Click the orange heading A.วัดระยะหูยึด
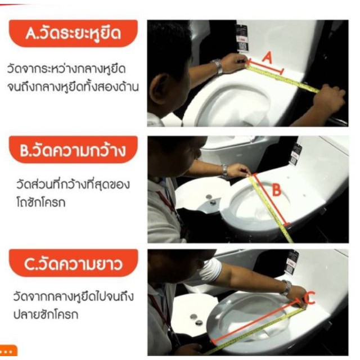pyautogui.click(x=73, y=34)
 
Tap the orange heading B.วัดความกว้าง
pyautogui.click(x=73, y=150)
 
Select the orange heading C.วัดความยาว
pyautogui.click(x=73, y=263)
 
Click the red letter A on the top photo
pyautogui.click(x=268, y=57)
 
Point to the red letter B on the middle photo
pyautogui.click(x=276, y=190)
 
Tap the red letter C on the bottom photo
pyautogui.click(x=310, y=298)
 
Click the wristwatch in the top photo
pyautogui.click(x=217, y=66)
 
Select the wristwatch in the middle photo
pyautogui.click(x=224, y=170)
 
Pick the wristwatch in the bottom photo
pyautogui.click(x=286, y=287)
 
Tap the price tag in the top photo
pyautogui.click(x=242, y=37)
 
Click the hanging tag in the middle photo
pyautogui.click(x=295, y=154)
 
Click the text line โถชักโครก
pyautogui.click(x=41, y=202)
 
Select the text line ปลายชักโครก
pyautogui.click(x=46, y=314)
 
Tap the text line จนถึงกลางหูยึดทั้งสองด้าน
pyautogui.click(x=73, y=87)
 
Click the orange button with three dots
pyautogui.click(x=8, y=350)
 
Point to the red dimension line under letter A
pyautogui.click(x=265, y=66)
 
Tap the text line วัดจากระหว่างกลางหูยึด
pyautogui.click(x=66, y=69)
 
